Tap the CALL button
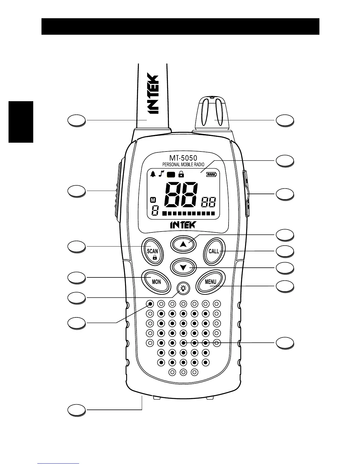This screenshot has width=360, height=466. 214,251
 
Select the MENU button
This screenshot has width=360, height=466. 211,282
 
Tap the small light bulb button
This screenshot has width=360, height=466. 183,288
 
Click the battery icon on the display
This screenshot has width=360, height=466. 211,174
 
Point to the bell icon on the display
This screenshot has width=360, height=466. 153,174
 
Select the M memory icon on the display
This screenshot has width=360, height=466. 153,200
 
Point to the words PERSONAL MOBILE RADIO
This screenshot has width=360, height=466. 183,165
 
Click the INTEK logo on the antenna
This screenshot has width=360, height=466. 153,94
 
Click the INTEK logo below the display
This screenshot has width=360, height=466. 182,225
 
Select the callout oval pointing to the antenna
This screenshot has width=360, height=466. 77,121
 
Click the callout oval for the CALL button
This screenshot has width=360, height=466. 285,251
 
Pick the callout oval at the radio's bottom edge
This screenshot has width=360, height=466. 77,410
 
